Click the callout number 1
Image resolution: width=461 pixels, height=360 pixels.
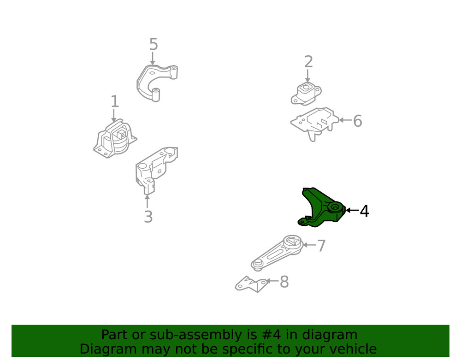pos(114,102)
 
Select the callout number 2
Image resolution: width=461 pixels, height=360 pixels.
pos(308,62)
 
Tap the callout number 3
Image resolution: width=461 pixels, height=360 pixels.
pos(148,217)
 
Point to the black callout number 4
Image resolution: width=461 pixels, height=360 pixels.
pos(364,212)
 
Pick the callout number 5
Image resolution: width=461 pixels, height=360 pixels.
pos(154,45)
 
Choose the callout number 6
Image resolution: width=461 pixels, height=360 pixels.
pos(357,122)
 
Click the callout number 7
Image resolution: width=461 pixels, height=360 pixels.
pos(321,246)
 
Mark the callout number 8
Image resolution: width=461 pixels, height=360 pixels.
pos(284,282)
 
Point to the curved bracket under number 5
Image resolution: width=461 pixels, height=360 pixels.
pos(154,81)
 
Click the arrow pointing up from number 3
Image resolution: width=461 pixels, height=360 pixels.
pos(148,201)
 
